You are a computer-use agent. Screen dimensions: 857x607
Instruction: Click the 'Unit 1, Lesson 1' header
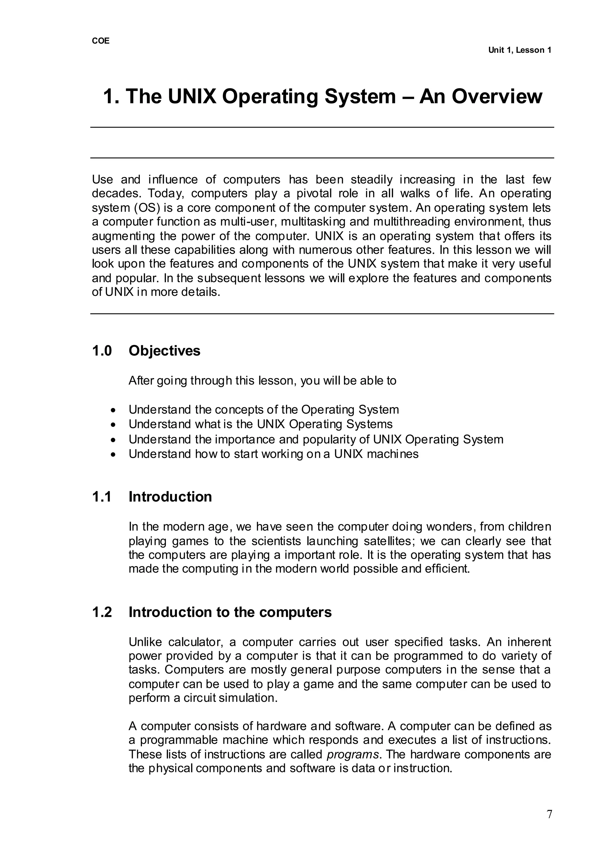point(519,50)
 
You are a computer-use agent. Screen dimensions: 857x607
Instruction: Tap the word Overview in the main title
point(497,97)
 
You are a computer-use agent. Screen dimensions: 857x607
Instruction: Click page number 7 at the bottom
point(549,814)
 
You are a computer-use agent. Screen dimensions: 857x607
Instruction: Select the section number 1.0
point(102,351)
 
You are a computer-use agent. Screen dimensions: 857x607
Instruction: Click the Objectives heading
point(164,351)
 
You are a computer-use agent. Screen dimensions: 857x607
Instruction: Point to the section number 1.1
point(102,497)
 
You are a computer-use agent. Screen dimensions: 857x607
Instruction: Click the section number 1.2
point(102,612)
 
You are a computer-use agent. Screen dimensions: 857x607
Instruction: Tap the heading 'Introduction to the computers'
point(230,612)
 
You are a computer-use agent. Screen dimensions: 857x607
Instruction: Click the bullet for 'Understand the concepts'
point(113,410)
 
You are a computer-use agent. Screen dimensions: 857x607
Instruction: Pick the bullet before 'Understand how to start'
point(113,455)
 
